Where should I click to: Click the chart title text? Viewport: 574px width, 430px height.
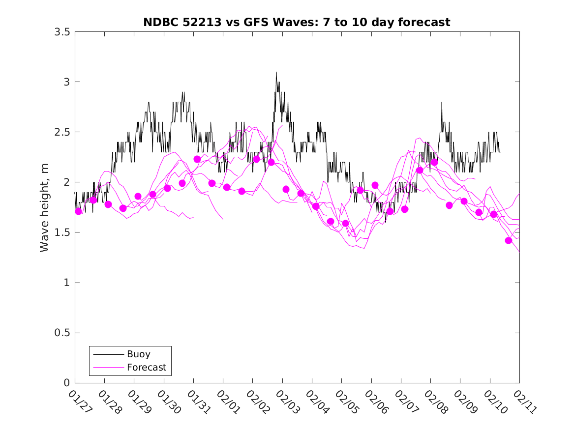(297, 22)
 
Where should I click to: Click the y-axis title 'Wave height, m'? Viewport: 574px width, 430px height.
(45, 207)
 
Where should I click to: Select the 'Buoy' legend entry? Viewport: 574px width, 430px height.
(138, 354)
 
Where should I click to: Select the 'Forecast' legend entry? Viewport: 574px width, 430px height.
(146, 367)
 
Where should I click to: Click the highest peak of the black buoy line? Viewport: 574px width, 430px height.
(276, 72)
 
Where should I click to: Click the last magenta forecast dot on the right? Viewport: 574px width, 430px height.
(509, 240)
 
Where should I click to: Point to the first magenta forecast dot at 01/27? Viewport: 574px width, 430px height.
(78, 211)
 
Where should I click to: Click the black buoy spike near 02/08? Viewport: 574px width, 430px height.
(442, 102)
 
